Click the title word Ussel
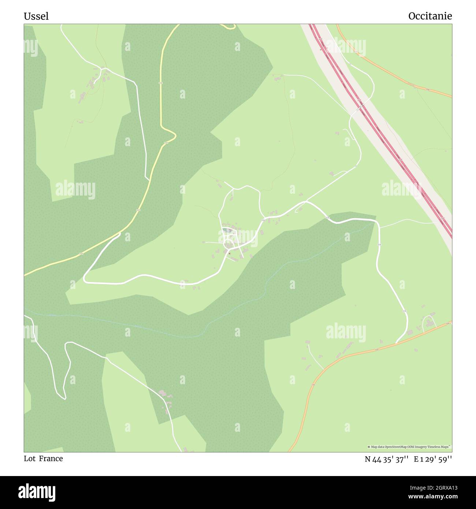[36, 16]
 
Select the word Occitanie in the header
[430, 16]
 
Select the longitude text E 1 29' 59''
[433, 459]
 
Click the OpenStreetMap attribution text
[409, 447]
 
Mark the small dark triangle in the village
[230, 253]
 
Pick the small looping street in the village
[229, 242]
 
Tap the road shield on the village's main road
[263, 220]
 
